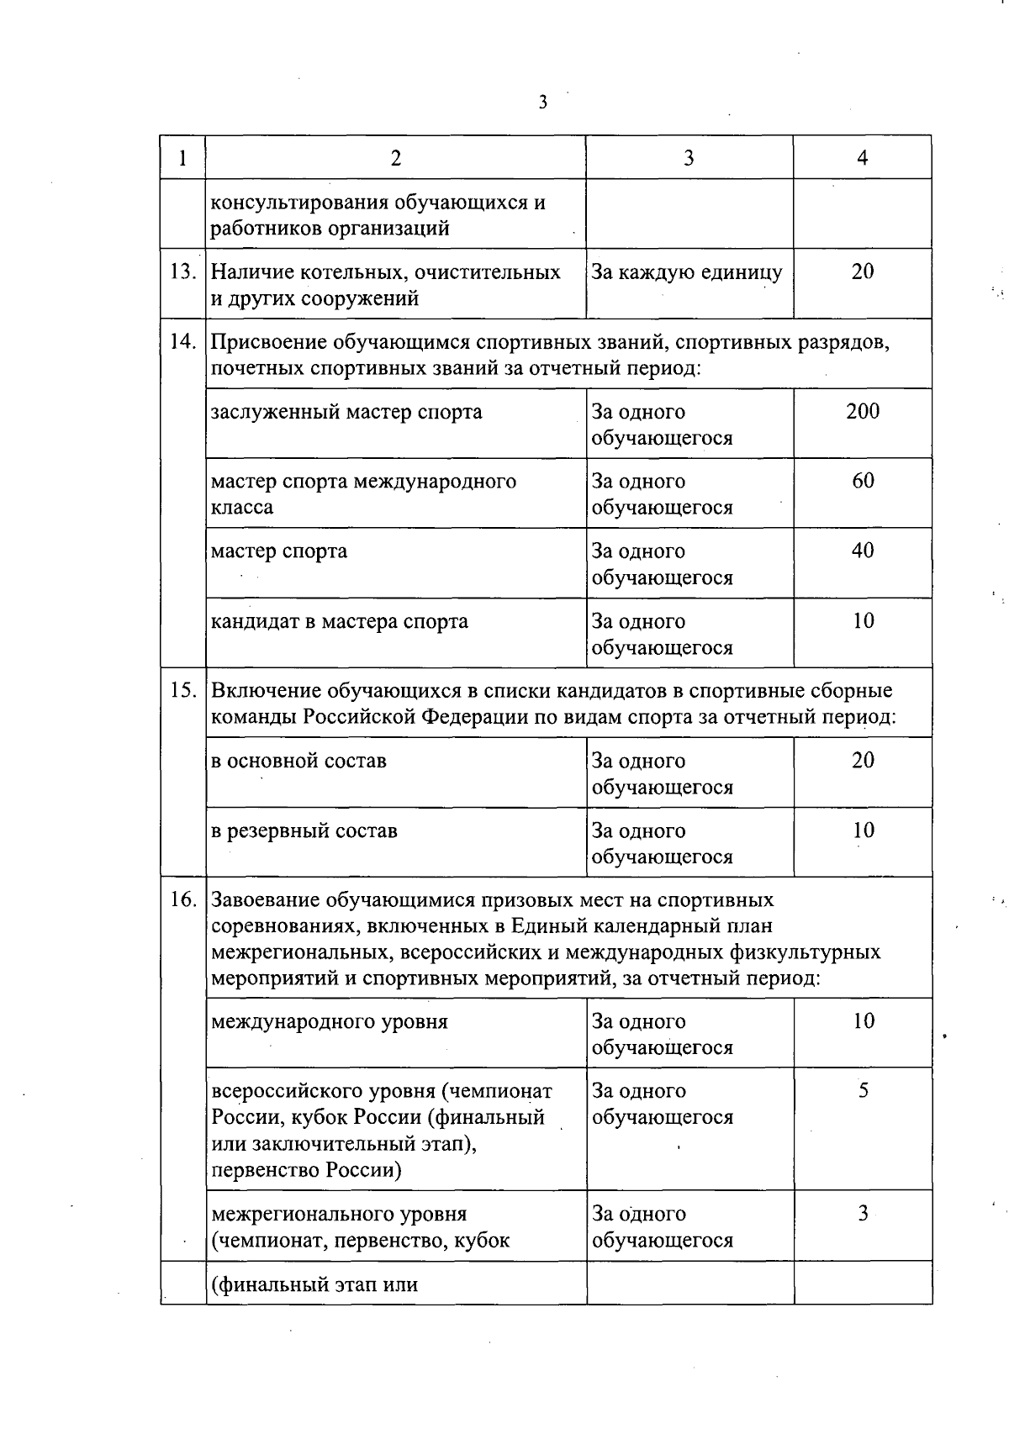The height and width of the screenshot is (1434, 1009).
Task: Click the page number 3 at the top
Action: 542,103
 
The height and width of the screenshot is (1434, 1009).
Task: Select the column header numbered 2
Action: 395,158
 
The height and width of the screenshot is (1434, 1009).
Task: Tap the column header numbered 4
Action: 862,158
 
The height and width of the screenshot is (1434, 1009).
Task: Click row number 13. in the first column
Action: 182,272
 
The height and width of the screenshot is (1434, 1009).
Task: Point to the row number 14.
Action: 182,342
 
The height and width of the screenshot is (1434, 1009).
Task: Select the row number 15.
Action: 182,691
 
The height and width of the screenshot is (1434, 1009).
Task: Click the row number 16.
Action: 182,900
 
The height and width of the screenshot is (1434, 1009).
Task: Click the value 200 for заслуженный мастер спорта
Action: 863,411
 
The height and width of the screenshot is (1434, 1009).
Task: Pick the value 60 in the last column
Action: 863,481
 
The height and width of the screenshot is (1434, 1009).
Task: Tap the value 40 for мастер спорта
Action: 863,551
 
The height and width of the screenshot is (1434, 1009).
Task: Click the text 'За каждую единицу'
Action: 686,272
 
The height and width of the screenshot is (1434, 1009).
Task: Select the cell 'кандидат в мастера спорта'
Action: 339,622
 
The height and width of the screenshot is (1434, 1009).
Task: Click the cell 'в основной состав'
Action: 298,761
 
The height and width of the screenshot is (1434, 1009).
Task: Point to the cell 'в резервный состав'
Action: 304,831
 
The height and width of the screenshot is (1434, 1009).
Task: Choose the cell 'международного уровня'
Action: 329,1022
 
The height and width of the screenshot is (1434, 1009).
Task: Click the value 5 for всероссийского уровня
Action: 863,1091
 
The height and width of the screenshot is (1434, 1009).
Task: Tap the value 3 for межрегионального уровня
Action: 863,1214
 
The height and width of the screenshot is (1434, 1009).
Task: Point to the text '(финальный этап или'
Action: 314,1284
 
